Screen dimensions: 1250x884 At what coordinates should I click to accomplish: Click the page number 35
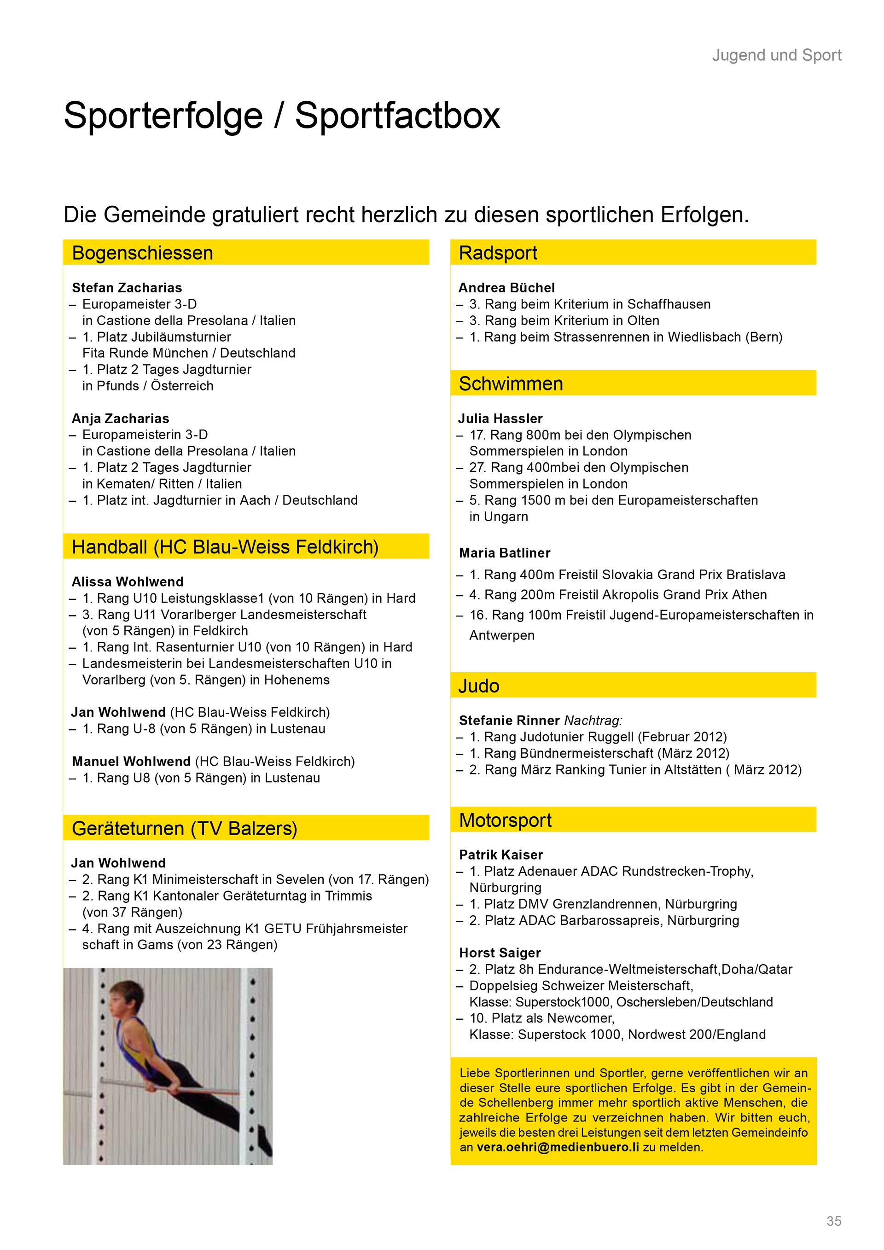[833, 1221]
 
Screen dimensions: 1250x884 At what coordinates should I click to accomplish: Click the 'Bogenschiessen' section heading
[142, 253]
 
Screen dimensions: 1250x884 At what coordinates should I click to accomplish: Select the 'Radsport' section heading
[498, 253]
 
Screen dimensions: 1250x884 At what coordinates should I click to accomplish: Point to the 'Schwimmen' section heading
[511, 384]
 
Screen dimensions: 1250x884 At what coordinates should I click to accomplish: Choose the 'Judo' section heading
[478, 686]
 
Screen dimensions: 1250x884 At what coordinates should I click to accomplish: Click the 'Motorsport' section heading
[505, 820]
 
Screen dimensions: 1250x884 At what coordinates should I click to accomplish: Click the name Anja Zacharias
[120, 418]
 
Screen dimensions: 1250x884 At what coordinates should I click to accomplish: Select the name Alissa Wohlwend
[128, 581]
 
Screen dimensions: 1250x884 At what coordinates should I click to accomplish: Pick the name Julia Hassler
[500, 418]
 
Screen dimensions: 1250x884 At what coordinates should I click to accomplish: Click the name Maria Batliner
[505, 552]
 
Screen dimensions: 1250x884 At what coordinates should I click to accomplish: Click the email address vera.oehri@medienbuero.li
[558, 1147]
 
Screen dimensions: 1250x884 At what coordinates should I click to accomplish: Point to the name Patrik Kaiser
[501, 855]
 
